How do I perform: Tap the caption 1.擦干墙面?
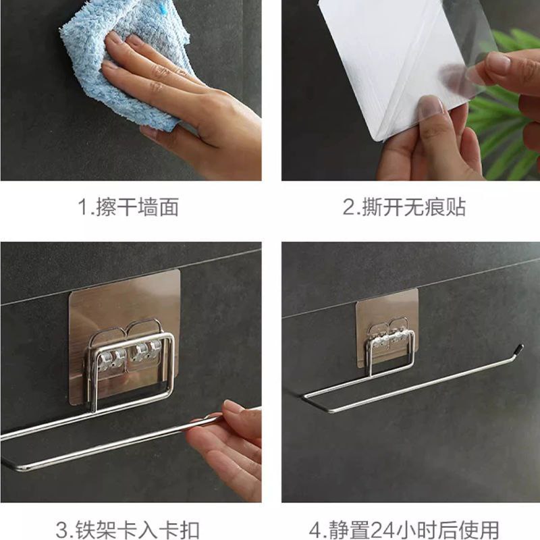128,207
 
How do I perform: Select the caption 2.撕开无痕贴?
404,207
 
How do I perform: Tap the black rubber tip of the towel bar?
518,350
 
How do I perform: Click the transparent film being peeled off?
458,52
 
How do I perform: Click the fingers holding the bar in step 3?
227,448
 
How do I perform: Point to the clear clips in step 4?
389,340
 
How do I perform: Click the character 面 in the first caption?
169,207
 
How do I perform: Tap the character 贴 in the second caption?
456,207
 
